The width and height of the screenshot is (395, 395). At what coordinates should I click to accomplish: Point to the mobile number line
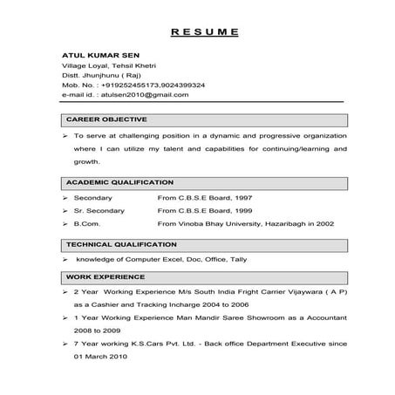click(x=133, y=85)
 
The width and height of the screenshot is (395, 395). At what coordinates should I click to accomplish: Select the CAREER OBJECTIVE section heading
click(x=107, y=119)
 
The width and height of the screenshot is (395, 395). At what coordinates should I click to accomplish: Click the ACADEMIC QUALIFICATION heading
click(x=120, y=183)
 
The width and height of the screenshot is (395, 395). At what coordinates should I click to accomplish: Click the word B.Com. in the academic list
click(x=87, y=224)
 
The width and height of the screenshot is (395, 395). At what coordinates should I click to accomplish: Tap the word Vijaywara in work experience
click(x=281, y=292)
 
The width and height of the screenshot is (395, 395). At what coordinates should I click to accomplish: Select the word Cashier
click(x=110, y=305)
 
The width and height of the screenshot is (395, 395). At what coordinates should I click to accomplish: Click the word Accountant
click(x=299, y=318)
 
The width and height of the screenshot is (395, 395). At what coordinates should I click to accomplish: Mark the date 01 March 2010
click(x=106, y=357)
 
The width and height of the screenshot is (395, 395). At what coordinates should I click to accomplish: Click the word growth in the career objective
click(x=86, y=161)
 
